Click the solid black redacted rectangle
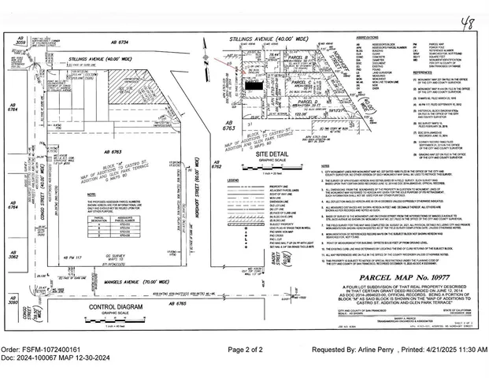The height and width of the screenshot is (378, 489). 253,83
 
